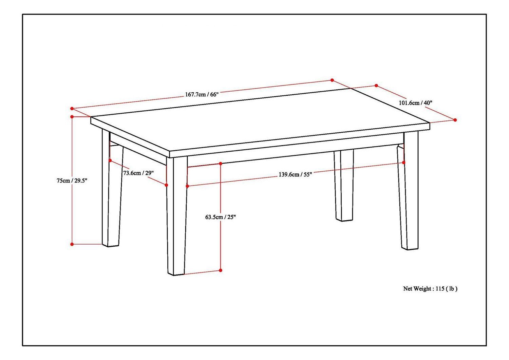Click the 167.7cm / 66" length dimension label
point(202,95)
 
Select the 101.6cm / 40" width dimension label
point(415,103)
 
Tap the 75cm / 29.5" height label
point(72,181)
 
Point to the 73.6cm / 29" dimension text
point(138,173)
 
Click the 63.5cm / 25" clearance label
point(221,217)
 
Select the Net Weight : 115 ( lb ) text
point(430,289)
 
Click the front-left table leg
point(176,217)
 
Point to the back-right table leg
point(344,187)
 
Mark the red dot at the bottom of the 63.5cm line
point(221,270)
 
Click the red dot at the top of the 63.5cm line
point(221,164)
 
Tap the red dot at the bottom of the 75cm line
point(72,244)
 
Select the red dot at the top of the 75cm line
point(72,117)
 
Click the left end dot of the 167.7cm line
point(72,109)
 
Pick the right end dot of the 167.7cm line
point(332,80)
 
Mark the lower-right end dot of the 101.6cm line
point(455,120)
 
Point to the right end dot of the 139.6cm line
point(403,163)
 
